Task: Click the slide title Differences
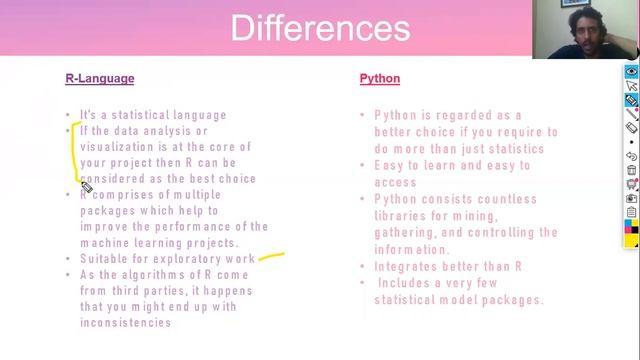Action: [x=319, y=27]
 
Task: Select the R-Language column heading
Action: [x=99, y=78]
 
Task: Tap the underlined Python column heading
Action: [x=380, y=78]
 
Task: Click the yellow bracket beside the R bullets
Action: [x=74, y=150]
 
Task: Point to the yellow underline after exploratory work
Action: [x=271, y=256]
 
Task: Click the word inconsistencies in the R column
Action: [x=125, y=323]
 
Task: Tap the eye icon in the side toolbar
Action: [x=631, y=72]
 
